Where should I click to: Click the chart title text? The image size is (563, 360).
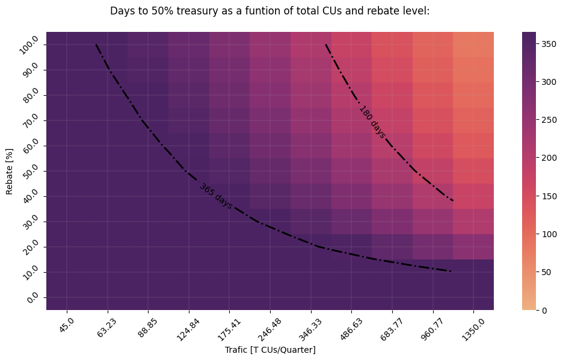(269, 11)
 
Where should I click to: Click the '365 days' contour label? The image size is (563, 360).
(216, 196)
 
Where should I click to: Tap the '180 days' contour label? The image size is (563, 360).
(372, 122)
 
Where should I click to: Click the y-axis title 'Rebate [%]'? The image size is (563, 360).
(10, 171)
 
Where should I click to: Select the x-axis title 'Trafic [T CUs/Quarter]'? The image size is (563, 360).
(270, 350)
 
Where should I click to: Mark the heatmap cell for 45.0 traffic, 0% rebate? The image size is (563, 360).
(66, 297)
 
